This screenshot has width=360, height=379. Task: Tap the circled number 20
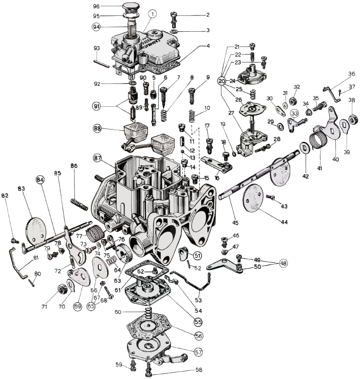click(x=222, y=81)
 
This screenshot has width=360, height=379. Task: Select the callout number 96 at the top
click(x=96, y=7)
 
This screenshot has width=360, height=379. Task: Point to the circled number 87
click(x=98, y=158)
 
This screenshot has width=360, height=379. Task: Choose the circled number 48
click(x=284, y=263)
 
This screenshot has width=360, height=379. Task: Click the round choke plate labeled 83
click(x=38, y=231)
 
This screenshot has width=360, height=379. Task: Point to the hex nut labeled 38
click(x=351, y=118)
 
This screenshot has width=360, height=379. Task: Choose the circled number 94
click(x=96, y=27)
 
